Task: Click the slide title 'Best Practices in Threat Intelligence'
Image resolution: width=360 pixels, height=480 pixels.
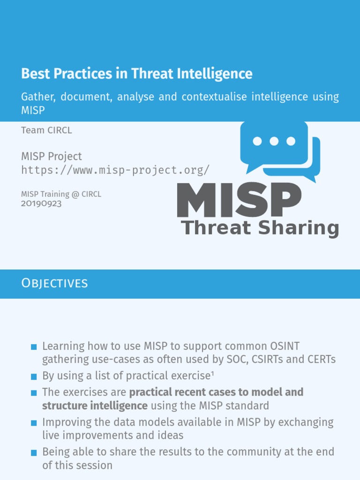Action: [x=136, y=74]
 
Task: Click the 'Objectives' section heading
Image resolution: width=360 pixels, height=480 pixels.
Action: [x=54, y=283]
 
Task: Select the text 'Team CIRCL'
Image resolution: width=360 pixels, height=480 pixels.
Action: [x=46, y=130]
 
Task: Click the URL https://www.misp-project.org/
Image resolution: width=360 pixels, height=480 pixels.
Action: [x=115, y=170]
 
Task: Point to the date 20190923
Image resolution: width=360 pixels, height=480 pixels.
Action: [x=41, y=203]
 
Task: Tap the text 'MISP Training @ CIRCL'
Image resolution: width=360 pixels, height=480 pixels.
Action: [x=61, y=194]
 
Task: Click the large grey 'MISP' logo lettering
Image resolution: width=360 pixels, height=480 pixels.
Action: [x=239, y=201]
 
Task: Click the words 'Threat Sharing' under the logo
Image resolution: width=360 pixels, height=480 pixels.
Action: [x=260, y=228]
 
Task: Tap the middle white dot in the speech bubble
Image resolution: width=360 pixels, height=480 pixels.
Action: [x=274, y=141]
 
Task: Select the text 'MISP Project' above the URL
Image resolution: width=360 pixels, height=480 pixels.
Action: [x=52, y=156]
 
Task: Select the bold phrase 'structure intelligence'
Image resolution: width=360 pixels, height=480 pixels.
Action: [x=95, y=405]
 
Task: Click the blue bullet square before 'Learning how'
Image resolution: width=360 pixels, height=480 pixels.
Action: [x=34, y=347]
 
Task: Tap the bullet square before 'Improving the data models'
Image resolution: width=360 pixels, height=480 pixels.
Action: [x=34, y=423]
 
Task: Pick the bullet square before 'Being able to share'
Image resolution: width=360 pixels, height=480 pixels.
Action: [x=34, y=453]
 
